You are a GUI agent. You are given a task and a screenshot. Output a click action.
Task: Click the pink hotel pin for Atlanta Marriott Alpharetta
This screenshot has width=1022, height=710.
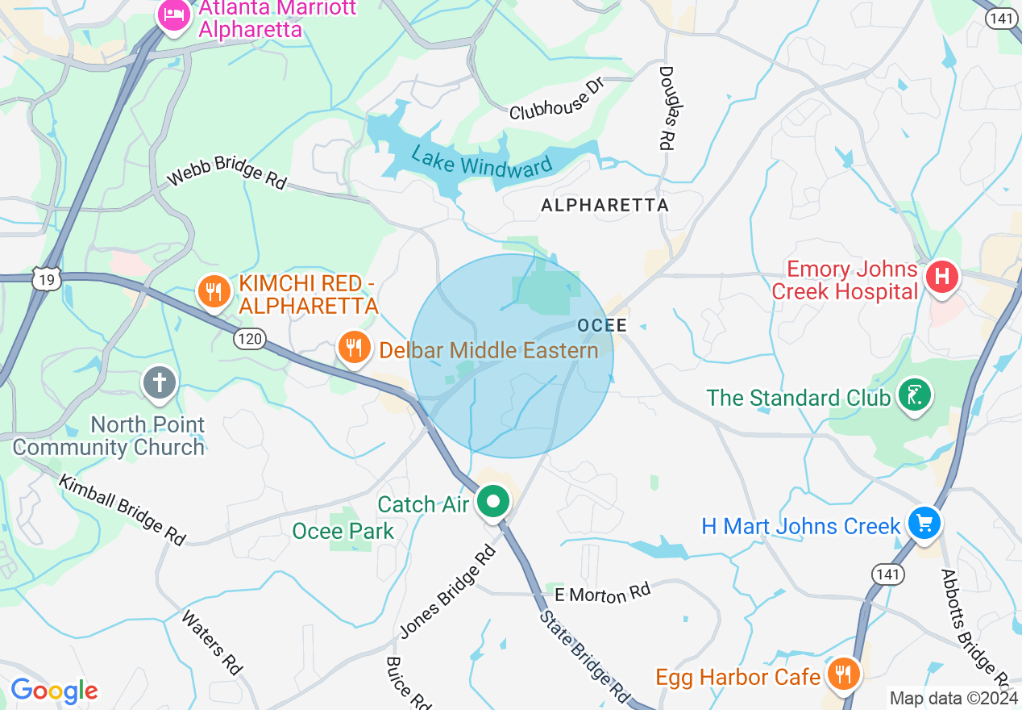click(x=173, y=15)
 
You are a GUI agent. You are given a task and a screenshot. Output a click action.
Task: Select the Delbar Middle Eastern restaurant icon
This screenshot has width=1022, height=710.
click(x=353, y=349)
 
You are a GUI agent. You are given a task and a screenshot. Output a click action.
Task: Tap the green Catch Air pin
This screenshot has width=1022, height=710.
click(x=492, y=503)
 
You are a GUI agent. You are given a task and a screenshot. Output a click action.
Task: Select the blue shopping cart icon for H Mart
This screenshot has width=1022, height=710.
click(x=924, y=524)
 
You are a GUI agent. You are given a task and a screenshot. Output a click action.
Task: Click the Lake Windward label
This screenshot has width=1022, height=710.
click(x=482, y=161)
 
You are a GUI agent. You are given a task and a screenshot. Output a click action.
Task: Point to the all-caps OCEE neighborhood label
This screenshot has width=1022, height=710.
click(x=602, y=326)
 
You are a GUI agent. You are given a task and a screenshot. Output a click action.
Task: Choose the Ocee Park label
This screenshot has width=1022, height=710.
click(x=343, y=531)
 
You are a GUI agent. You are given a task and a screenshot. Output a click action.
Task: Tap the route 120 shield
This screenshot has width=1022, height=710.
click(x=250, y=339)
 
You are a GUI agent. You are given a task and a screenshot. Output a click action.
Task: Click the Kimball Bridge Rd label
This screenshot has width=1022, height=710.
click(x=122, y=508)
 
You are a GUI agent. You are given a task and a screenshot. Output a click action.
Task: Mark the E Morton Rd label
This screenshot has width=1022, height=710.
click(x=602, y=595)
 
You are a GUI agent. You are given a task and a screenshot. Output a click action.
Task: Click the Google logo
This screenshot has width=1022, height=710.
click(x=54, y=691)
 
